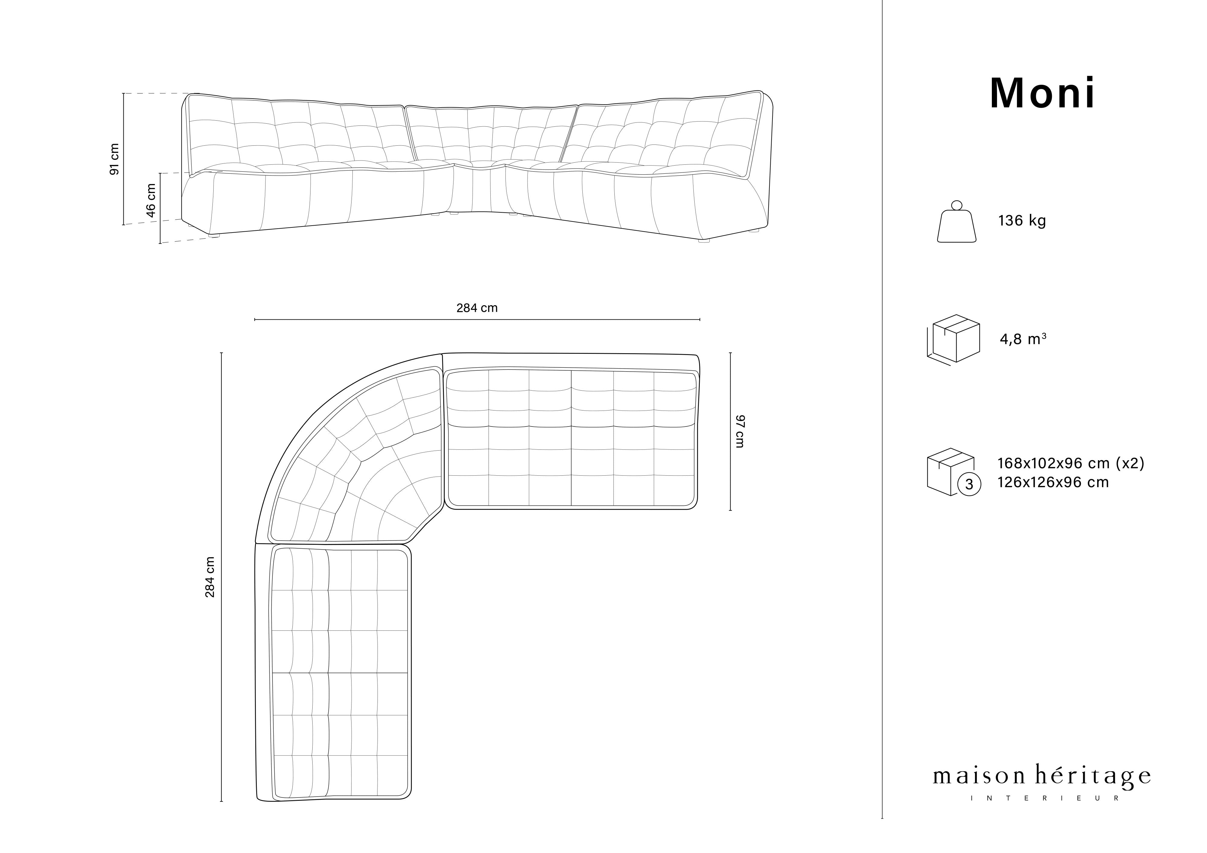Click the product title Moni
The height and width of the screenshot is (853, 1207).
click(1043, 94)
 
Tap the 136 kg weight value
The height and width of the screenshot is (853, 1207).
click(1022, 221)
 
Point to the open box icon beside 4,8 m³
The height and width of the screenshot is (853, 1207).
click(954, 340)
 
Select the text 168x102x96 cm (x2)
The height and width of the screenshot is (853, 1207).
click(1071, 463)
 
